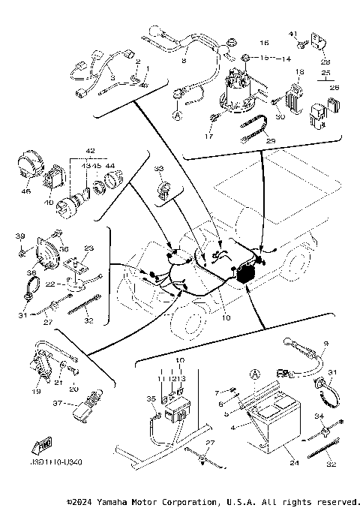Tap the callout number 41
point(292,33)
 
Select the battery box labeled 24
point(270,421)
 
